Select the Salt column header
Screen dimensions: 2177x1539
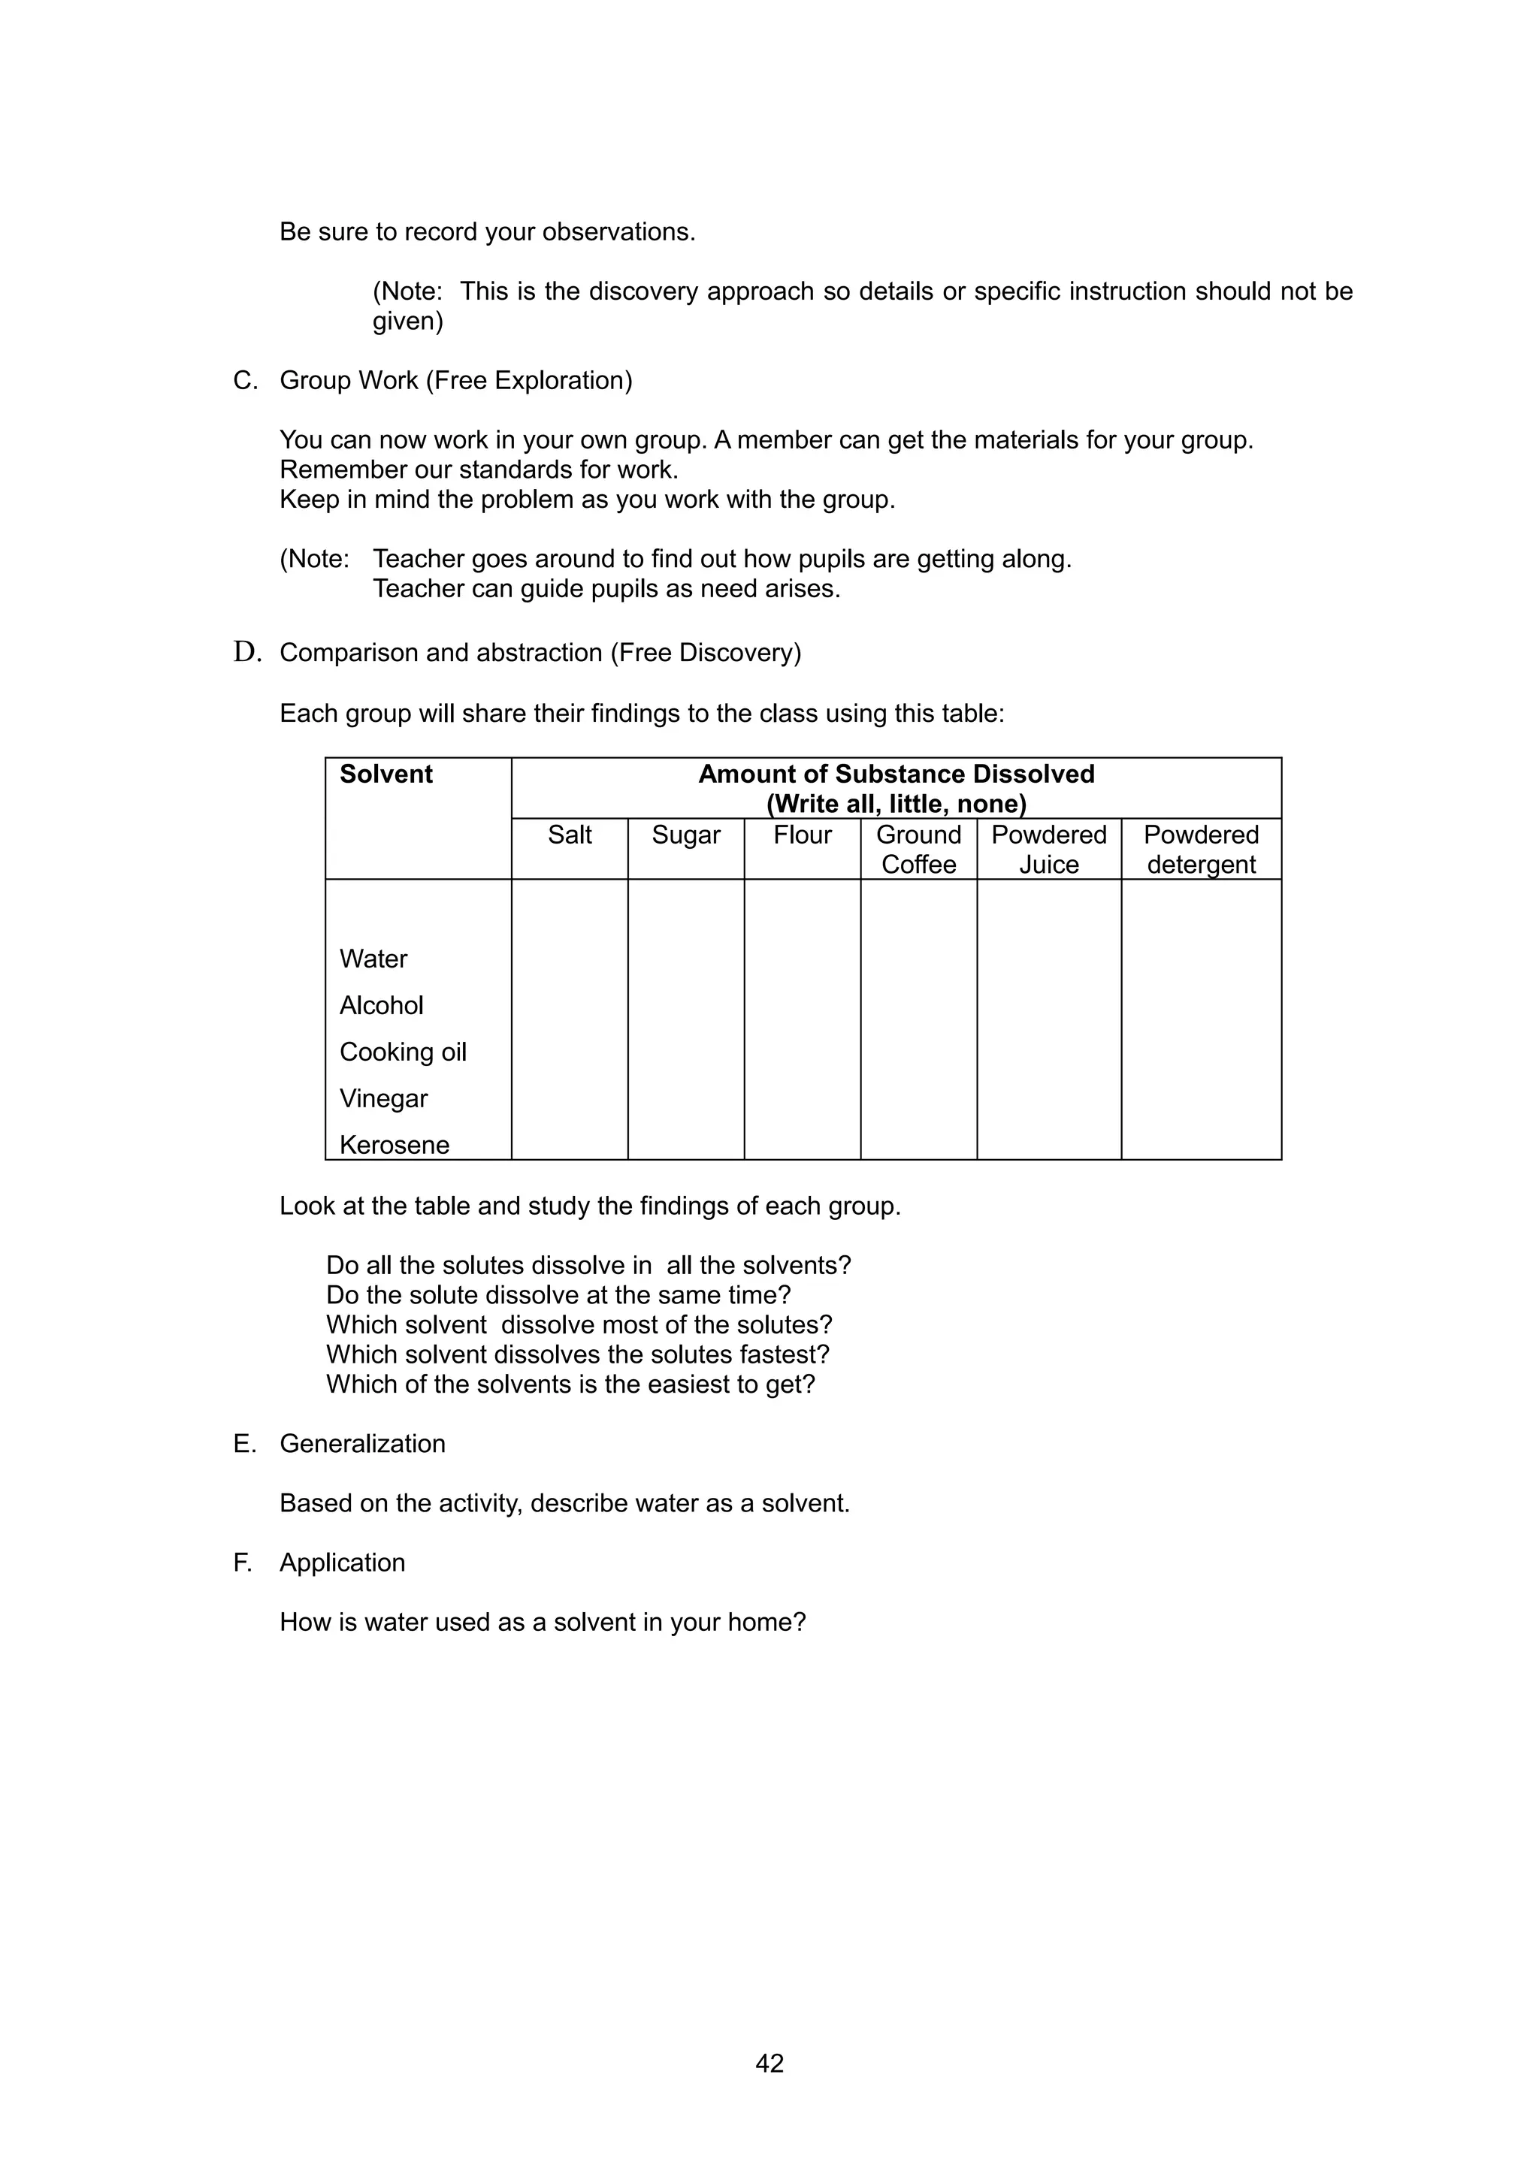tap(569, 835)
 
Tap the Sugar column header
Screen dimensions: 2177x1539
tap(685, 835)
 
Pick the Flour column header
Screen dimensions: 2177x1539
tap(803, 835)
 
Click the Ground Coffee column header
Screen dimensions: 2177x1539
tap(918, 849)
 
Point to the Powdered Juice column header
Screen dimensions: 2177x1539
tap(1049, 849)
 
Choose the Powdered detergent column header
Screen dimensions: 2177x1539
tap(1201, 849)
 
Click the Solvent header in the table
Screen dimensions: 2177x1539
tap(386, 774)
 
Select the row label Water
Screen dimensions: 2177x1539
tap(373, 959)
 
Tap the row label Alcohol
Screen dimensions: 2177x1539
tap(381, 1005)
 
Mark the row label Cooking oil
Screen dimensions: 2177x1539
tap(403, 1052)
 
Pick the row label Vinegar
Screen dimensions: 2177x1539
tap(383, 1098)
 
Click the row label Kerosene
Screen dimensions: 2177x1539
tap(394, 1144)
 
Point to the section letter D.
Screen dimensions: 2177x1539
tap(246, 652)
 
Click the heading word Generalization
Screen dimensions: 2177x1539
tap(362, 1443)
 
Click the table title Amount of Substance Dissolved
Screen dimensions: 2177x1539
tap(896, 774)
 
